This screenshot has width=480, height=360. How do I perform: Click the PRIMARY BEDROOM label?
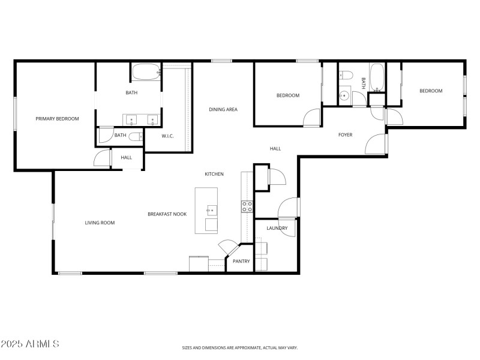click(57, 119)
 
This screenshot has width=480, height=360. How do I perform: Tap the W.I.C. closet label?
click(168, 136)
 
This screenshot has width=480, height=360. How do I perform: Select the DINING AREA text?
click(223, 109)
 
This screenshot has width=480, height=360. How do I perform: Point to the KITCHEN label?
click(214, 174)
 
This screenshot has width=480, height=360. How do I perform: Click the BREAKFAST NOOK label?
click(167, 214)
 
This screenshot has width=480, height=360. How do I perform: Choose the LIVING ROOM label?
click(100, 223)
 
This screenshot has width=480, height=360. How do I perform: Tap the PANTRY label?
click(241, 261)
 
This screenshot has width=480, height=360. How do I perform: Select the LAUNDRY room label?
click(277, 228)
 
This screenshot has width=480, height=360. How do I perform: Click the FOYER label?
click(345, 134)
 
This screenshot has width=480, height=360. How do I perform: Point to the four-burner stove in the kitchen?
click(247, 207)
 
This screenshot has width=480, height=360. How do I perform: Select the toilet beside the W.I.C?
click(136, 136)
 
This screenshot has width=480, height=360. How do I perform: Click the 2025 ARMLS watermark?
click(30, 344)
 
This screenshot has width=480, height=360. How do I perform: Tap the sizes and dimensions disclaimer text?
click(240, 347)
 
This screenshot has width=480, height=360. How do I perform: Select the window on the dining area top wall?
click(222, 61)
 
